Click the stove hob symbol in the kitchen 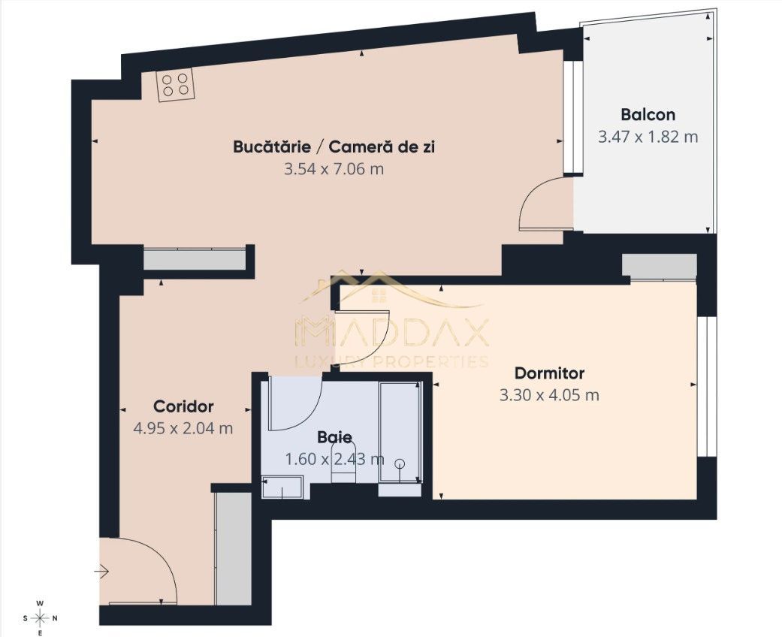[x=175, y=84]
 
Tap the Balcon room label [x=648, y=115]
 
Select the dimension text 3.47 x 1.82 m [x=648, y=137]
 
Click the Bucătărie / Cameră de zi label [x=334, y=146]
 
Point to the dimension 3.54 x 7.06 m [x=334, y=169]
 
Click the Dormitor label [x=549, y=373]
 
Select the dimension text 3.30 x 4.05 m [x=549, y=395]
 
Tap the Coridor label [x=183, y=406]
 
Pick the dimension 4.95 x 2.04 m [x=183, y=428]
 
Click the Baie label [x=334, y=436]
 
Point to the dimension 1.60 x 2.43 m [x=334, y=458]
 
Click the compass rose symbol [x=41, y=618]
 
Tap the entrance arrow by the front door [x=101, y=572]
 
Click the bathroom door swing [x=297, y=404]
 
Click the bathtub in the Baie [x=400, y=436]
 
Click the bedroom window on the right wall [x=706, y=386]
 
